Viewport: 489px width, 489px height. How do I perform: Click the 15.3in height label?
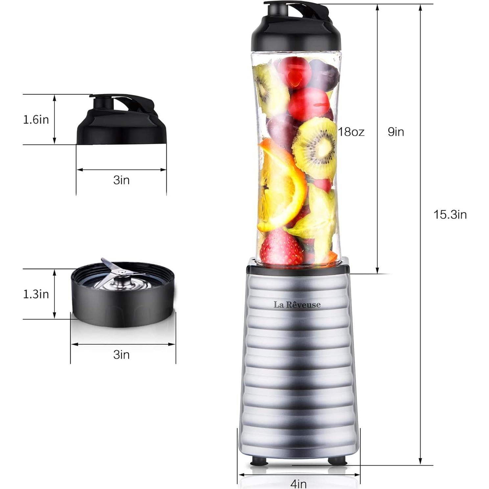[x=450, y=215]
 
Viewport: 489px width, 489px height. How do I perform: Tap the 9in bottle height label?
[x=396, y=132]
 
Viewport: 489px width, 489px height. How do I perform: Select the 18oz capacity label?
[x=351, y=132]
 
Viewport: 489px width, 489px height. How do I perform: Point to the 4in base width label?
[x=298, y=483]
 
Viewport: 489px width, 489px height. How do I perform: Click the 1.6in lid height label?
[x=36, y=120]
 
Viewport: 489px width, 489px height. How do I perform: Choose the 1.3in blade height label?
[x=36, y=294]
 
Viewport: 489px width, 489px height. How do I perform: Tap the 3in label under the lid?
[x=121, y=180]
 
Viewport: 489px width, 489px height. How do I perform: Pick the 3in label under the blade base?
[x=121, y=355]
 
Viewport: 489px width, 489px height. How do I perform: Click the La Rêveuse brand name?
[x=297, y=305]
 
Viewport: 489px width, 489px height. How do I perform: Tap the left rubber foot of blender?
[x=259, y=462]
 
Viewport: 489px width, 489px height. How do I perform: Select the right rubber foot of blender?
[x=336, y=462]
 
